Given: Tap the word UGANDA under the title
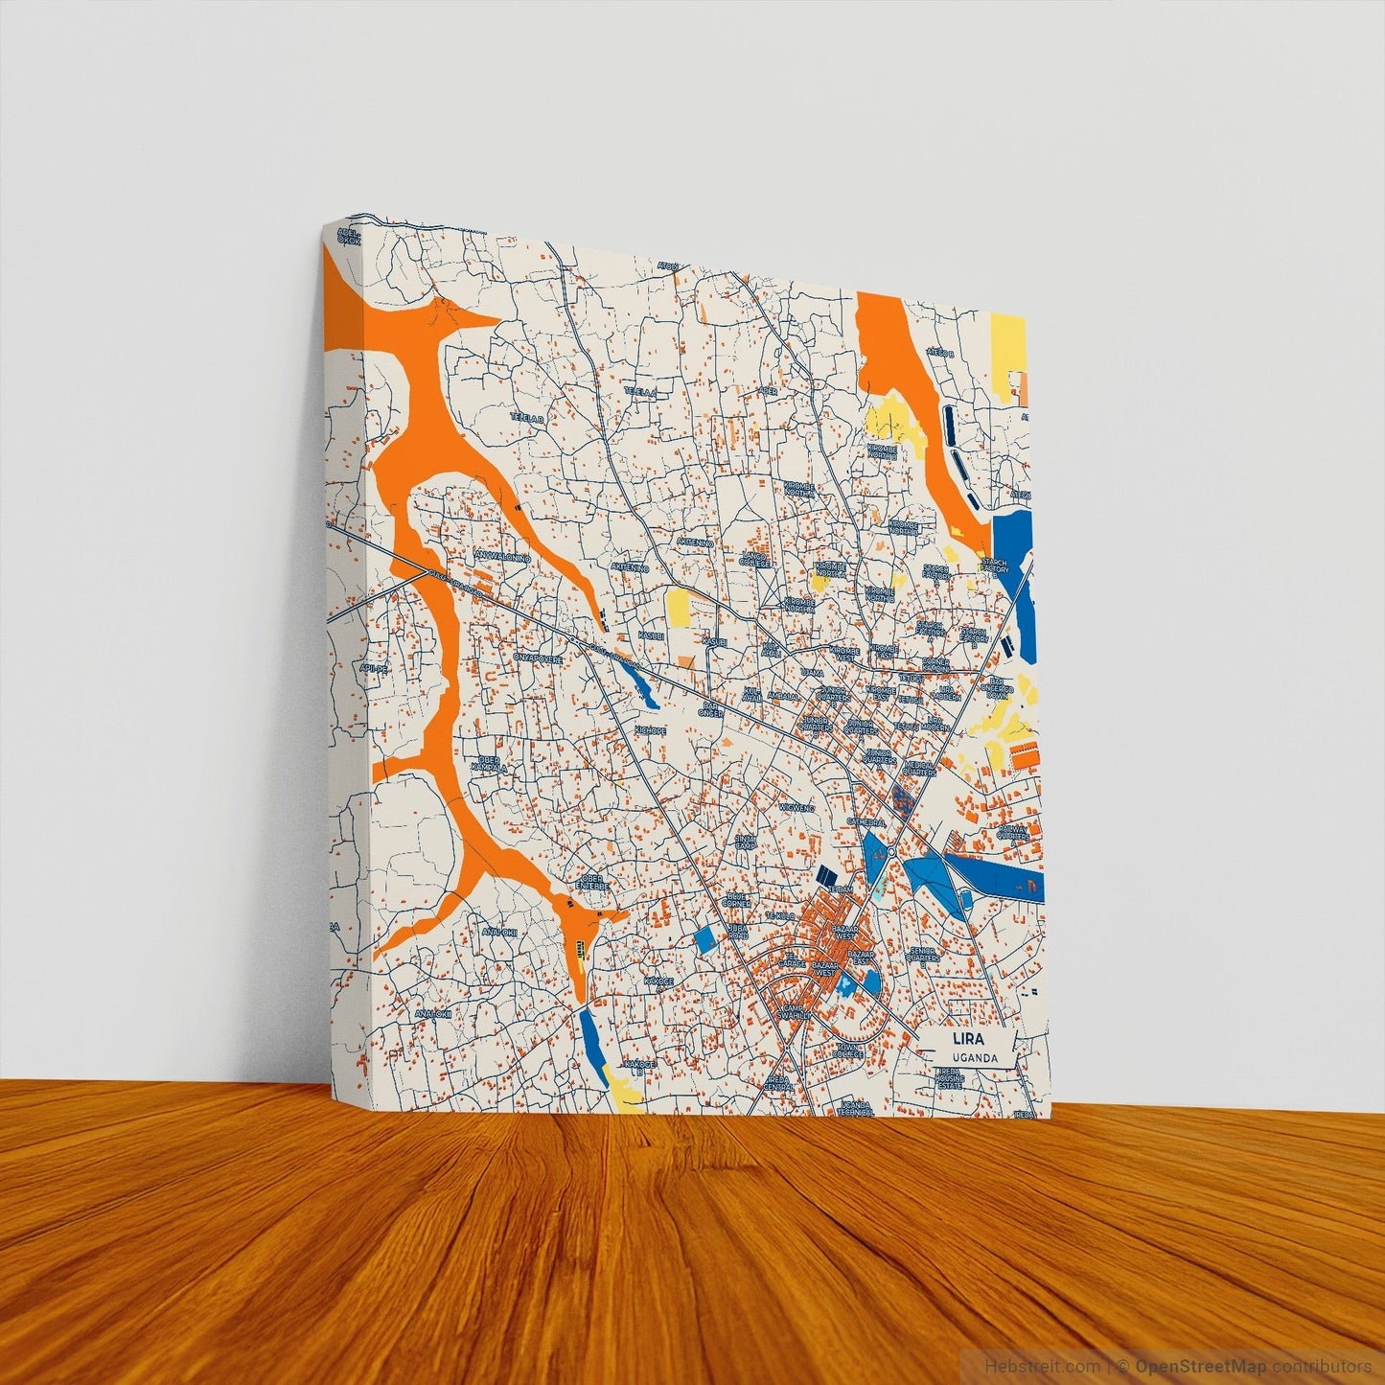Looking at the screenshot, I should [x=975, y=1058].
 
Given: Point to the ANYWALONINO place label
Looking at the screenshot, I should [x=502, y=556].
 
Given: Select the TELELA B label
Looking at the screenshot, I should [x=527, y=419].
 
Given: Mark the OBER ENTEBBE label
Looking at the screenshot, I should [x=594, y=882].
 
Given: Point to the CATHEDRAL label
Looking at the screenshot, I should [x=865, y=822].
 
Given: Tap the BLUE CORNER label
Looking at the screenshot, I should [x=736, y=900].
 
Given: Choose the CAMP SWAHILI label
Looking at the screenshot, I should [x=794, y=1014].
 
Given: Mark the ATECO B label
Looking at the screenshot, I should [x=940, y=354].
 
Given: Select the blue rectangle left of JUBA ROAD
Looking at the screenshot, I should [x=704, y=940].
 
